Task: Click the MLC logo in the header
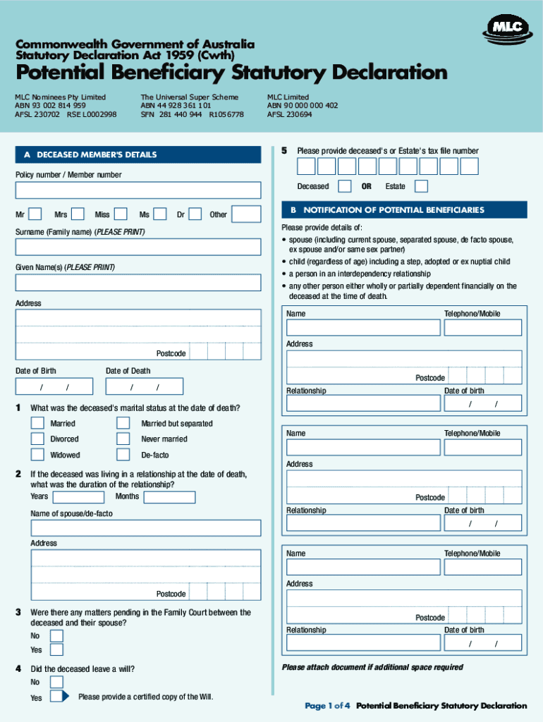coord(506,28)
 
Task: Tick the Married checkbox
coord(37,423)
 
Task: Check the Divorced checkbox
coord(37,439)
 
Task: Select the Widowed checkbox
coord(37,455)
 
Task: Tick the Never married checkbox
coord(123,439)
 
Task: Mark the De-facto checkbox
coord(123,455)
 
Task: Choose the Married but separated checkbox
coord(123,423)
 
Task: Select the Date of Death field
coord(144,386)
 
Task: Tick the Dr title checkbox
coord(195,214)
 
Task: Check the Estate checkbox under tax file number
coord(421,186)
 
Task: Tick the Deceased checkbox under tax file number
coord(345,186)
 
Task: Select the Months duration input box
coord(169,497)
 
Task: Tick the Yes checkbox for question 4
coord(57,697)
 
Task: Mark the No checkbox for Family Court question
coord(57,636)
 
